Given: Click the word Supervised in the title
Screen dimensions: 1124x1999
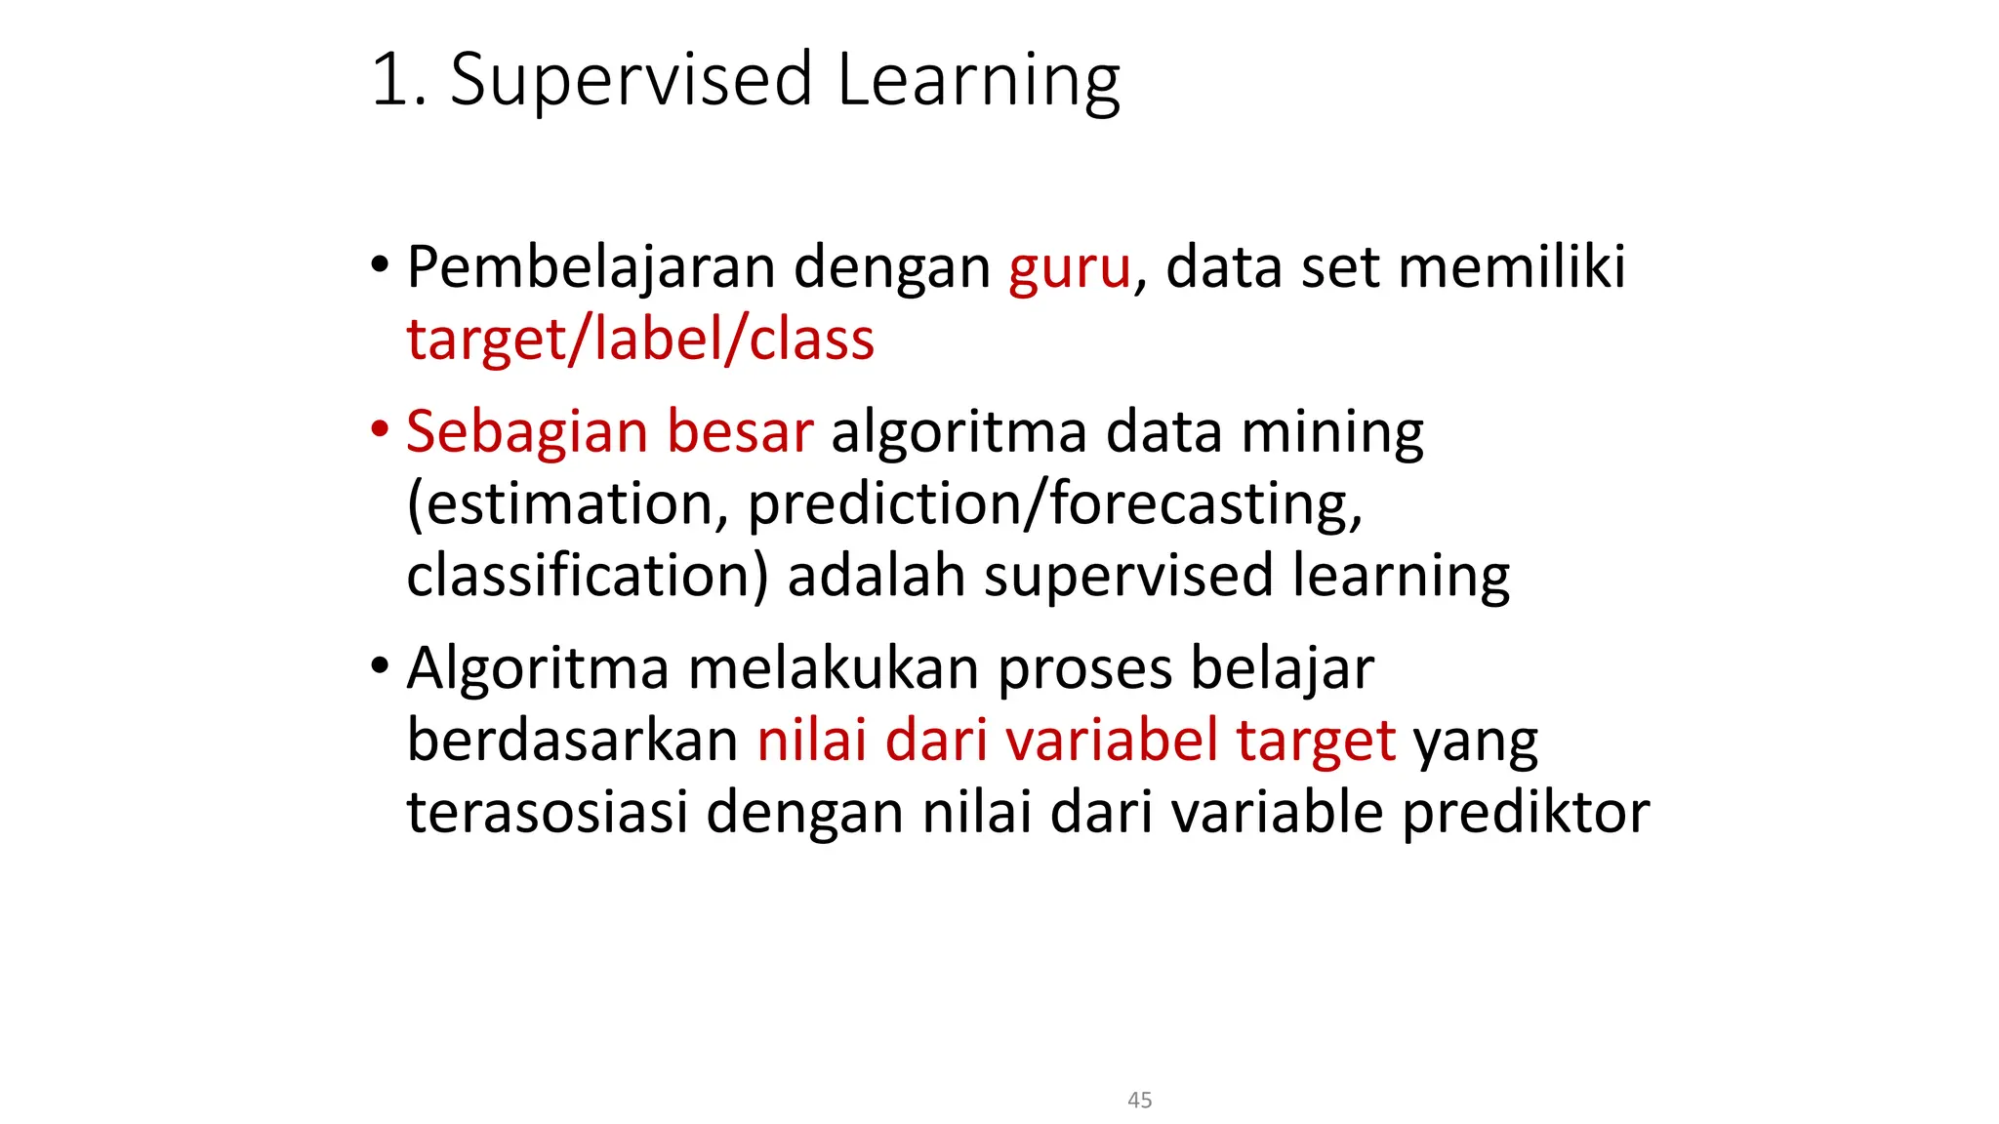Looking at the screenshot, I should (631, 80).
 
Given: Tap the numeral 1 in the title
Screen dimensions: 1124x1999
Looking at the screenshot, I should (390, 80).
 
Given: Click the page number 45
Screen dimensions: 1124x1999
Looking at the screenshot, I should (1139, 1100).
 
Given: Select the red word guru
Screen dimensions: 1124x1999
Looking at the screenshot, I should (1069, 267).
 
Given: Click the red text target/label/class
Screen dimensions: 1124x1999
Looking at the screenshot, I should (640, 340).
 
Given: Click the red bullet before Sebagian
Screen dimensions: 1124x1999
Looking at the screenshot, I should (380, 429).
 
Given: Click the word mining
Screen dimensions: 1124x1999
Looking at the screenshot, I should (1331, 431).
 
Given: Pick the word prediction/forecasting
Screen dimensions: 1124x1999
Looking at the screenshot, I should (1054, 504).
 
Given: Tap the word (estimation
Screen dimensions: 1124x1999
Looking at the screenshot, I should (567, 504).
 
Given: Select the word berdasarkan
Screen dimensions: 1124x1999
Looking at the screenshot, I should (572, 741).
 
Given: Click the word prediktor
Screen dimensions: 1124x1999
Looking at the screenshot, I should (1526, 812).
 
